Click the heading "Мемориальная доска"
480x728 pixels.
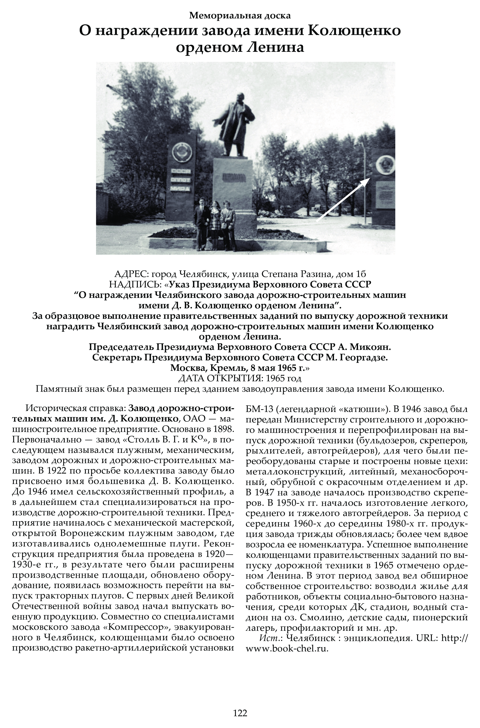(x=240, y=15)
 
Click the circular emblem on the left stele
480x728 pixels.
(x=181, y=151)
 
